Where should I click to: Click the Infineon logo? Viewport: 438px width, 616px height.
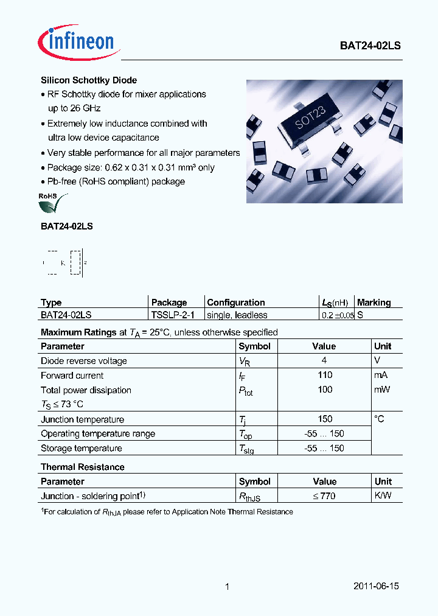click(76, 41)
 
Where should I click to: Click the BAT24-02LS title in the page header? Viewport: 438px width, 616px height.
click(370, 46)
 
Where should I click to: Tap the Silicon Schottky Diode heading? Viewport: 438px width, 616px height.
click(89, 80)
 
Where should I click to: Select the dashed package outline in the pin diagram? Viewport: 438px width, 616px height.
click(75, 262)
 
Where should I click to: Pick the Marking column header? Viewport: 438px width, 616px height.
click(374, 303)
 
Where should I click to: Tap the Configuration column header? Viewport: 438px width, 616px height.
click(236, 303)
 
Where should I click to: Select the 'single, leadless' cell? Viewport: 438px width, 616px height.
click(237, 315)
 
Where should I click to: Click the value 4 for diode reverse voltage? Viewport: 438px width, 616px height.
click(324, 360)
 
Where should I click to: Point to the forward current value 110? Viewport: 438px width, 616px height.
click(325, 375)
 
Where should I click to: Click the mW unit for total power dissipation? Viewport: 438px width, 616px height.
click(382, 390)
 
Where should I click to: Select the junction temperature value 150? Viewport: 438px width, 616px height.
click(325, 419)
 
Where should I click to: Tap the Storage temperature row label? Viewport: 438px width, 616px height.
click(82, 448)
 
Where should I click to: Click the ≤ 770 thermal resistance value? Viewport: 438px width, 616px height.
click(324, 496)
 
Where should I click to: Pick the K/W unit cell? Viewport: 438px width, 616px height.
click(383, 495)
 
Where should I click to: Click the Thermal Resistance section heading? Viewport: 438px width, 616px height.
click(83, 467)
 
